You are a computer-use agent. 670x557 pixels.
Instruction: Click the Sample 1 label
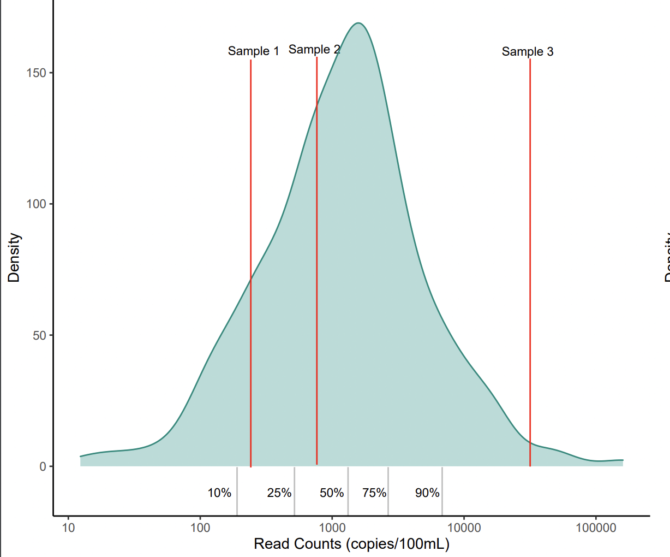[x=253, y=51]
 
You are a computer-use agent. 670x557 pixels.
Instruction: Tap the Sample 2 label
[x=314, y=50]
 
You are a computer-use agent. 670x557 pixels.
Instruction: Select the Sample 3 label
[x=527, y=51]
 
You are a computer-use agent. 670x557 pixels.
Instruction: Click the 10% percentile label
[x=219, y=493]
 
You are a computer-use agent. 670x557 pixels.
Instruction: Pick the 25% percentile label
[x=279, y=493]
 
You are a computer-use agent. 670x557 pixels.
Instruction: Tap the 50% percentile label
[x=332, y=493]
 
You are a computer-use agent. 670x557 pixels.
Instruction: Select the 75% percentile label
[x=374, y=493]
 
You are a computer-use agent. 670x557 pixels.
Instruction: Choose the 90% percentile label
[x=427, y=493]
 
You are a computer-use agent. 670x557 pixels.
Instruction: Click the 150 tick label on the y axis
[x=36, y=73]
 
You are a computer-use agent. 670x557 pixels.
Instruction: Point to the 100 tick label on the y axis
[x=36, y=204]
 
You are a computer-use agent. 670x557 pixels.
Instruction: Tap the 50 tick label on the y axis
[x=39, y=335]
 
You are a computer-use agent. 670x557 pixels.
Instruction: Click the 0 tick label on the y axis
[x=43, y=466]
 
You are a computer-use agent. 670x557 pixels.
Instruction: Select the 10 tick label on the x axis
[x=68, y=528]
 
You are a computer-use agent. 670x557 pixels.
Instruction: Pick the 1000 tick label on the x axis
[x=332, y=528]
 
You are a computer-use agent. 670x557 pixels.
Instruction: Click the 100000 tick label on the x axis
[x=595, y=528]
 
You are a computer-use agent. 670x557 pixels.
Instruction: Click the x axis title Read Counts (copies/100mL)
[x=351, y=544]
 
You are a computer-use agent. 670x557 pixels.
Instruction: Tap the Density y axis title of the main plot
[x=14, y=258]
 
